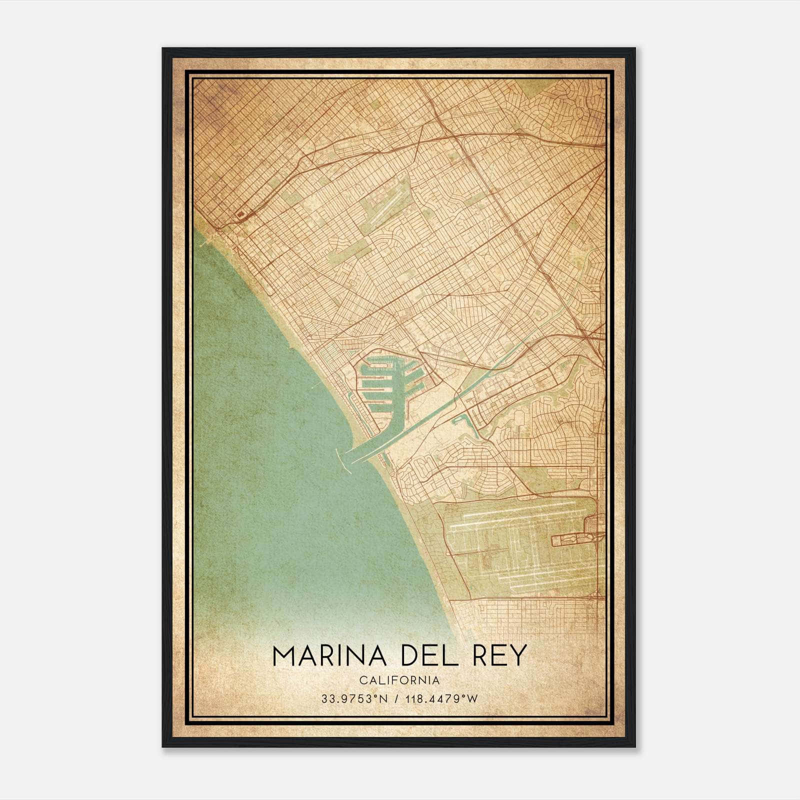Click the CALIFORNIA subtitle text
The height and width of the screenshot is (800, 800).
pyautogui.click(x=399, y=680)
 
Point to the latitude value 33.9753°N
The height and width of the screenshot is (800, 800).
pyautogui.click(x=354, y=698)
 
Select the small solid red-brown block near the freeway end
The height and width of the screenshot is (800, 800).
pyautogui.click(x=241, y=214)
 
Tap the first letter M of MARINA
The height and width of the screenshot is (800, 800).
pyautogui.click(x=285, y=655)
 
